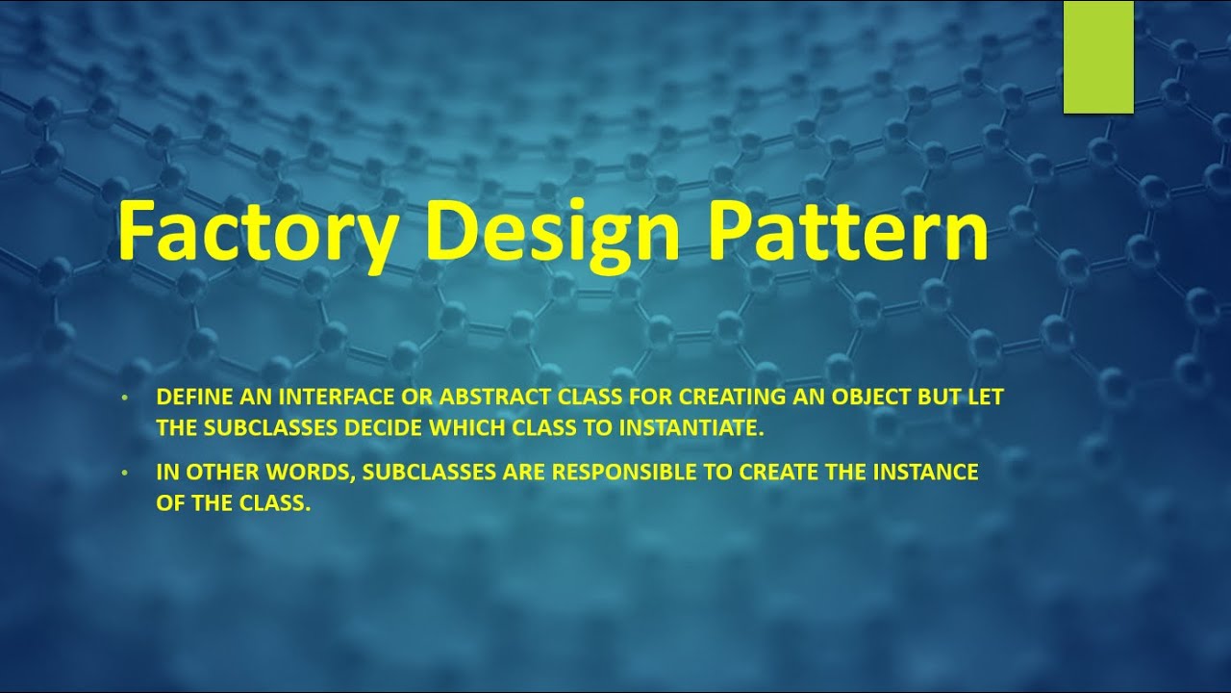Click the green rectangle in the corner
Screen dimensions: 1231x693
coord(1097,57)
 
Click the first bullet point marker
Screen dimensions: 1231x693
coord(123,398)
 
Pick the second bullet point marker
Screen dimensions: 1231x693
coord(123,474)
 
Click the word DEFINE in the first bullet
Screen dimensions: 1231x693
coord(188,398)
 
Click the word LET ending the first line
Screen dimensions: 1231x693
coord(986,398)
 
